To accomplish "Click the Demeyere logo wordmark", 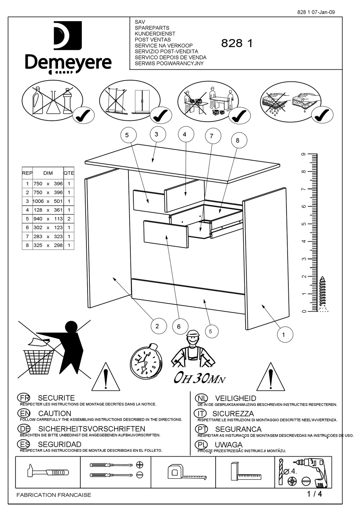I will point(68,62).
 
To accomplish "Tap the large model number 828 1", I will point(237,44).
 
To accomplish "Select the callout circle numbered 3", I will point(156,134).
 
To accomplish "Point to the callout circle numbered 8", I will point(238,140).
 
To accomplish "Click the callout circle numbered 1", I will point(283,335).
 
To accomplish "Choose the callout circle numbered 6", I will point(179,326).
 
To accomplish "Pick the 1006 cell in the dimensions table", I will point(38,201).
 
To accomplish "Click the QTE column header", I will point(69,173).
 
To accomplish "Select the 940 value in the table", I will point(38,219).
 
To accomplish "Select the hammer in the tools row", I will point(48,472).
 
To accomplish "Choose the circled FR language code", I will point(24,398).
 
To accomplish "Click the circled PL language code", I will point(201,445).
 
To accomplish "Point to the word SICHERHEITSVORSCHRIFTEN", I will point(91,429).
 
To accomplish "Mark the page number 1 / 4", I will point(314,494).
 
